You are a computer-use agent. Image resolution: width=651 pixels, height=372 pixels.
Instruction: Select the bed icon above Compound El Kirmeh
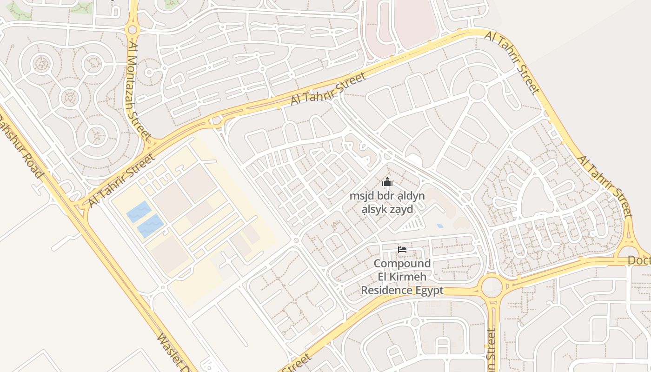click(402, 250)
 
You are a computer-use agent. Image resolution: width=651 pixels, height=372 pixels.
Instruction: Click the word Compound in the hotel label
click(402, 264)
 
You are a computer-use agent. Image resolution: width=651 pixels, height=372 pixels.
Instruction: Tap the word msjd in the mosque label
click(361, 196)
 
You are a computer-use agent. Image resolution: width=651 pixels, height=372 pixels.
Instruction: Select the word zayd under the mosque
click(401, 209)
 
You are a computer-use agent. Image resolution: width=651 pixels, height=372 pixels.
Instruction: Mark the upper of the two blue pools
click(139, 212)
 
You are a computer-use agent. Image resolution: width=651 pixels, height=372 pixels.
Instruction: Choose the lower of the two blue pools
click(150, 226)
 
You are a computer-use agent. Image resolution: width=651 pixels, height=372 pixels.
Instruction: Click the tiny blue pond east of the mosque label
click(440, 226)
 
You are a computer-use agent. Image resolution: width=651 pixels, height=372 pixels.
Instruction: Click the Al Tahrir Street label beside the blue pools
click(121, 181)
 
